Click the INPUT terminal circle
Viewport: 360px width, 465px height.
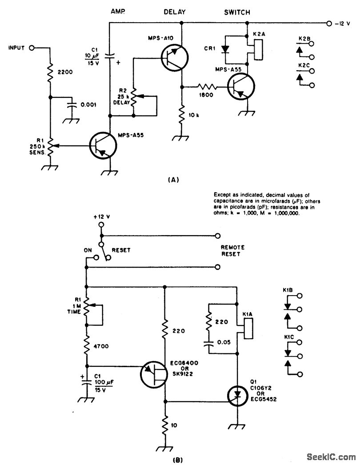[32, 47]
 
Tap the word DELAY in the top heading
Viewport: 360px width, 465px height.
[175, 12]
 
